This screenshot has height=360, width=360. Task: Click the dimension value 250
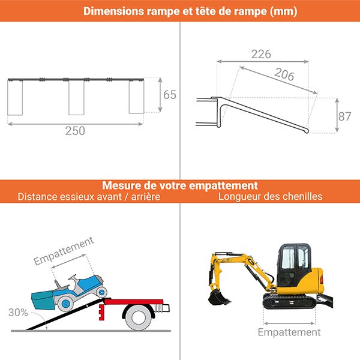(75, 131)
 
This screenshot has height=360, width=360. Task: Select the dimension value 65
(170, 95)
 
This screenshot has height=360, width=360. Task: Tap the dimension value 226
(260, 54)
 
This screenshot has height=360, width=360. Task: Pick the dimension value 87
(344, 116)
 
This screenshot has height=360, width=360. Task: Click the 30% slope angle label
(17, 312)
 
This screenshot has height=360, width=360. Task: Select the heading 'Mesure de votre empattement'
(180, 185)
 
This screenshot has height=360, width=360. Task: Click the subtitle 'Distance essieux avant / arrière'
(89, 196)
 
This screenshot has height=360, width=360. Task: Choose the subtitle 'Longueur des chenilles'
(270, 196)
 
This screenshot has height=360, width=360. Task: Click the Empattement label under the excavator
(289, 332)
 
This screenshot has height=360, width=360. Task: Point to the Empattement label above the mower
(64, 251)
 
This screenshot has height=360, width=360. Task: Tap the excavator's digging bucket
(214, 296)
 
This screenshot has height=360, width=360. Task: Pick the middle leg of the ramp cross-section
(76, 97)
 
